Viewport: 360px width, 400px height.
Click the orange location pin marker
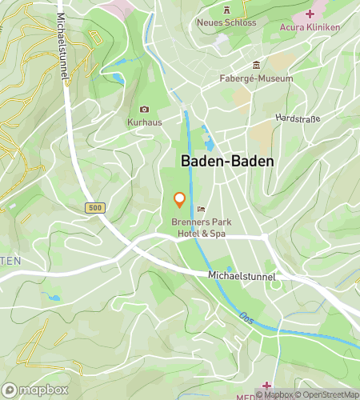[x=179, y=200]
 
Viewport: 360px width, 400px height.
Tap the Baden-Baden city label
[x=227, y=161]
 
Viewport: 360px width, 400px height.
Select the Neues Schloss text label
[x=226, y=22]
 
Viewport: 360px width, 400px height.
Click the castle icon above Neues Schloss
[x=226, y=10]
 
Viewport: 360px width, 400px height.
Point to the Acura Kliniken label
[x=310, y=26]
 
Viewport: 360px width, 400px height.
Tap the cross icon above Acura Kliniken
[x=310, y=14]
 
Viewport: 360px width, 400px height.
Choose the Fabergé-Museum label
[x=256, y=78]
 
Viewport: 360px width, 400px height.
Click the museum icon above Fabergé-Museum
[x=256, y=65]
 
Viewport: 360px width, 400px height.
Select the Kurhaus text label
[x=144, y=122]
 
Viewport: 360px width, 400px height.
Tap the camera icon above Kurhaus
[x=144, y=109]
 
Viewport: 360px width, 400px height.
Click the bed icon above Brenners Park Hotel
[x=200, y=210]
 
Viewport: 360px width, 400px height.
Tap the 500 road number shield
[x=95, y=208]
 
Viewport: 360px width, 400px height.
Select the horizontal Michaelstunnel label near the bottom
[x=242, y=276]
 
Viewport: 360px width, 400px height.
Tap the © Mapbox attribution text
[x=274, y=394]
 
